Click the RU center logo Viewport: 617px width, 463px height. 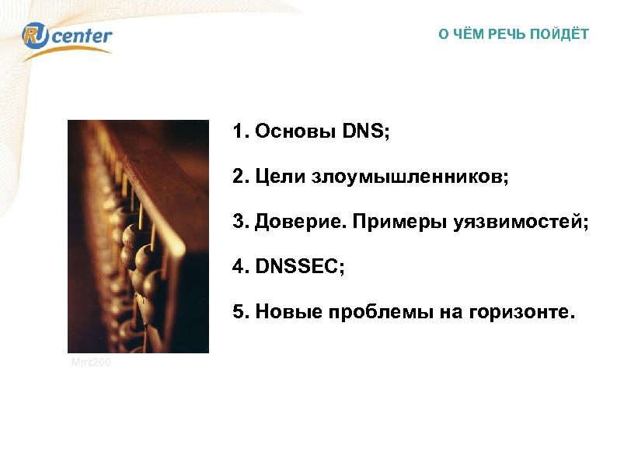(68, 37)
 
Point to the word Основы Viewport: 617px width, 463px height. (290, 132)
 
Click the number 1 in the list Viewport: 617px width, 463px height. (236, 132)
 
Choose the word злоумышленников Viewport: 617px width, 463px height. (410, 178)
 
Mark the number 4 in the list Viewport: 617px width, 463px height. (236, 268)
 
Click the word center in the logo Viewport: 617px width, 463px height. (83, 36)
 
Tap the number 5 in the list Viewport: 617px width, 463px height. (236, 314)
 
